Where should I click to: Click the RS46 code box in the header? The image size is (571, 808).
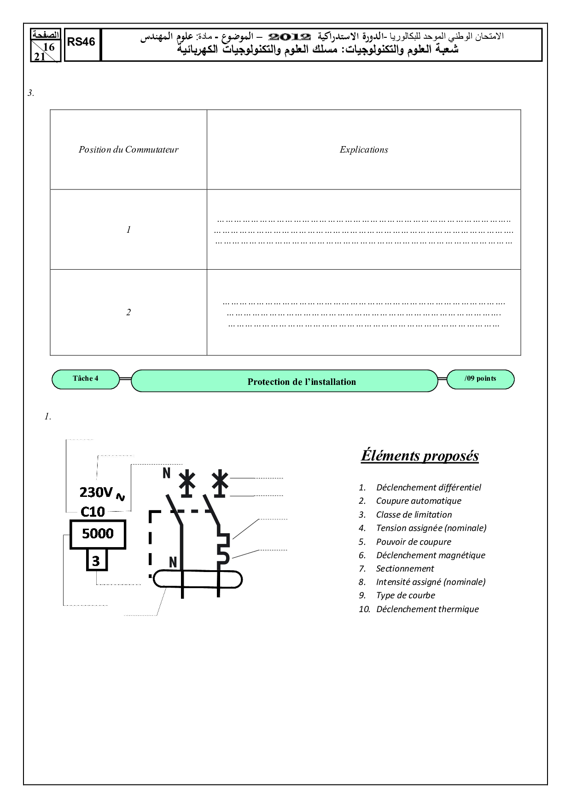click(x=82, y=42)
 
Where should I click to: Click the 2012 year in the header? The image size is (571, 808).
click(x=290, y=37)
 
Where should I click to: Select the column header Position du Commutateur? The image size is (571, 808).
click(x=128, y=149)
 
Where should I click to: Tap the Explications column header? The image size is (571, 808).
click(x=364, y=149)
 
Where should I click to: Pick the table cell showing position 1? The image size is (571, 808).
click(x=128, y=230)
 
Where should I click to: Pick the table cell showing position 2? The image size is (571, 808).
click(x=128, y=313)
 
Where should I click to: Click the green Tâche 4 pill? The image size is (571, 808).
click(x=86, y=379)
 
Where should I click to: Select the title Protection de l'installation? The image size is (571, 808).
click(x=302, y=382)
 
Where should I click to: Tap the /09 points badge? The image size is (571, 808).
click(x=480, y=379)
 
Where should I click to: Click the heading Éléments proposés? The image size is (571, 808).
click(x=420, y=455)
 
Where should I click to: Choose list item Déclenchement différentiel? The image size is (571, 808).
click(x=428, y=488)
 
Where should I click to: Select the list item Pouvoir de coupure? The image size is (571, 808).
click(x=414, y=542)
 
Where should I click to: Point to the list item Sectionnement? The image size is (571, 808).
click(x=405, y=569)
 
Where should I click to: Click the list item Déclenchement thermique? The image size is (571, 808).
click(x=427, y=609)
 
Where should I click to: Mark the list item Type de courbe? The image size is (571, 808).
click(x=405, y=596)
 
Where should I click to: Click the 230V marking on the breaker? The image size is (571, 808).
click(x=97, y=493)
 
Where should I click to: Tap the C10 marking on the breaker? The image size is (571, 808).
click(x=93, y=512)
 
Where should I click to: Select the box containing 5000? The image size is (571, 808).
click(x=98, y=534)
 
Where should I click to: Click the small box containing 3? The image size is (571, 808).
click(x=96, y=561)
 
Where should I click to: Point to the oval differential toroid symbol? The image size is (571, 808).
click(x=198, y=579)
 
